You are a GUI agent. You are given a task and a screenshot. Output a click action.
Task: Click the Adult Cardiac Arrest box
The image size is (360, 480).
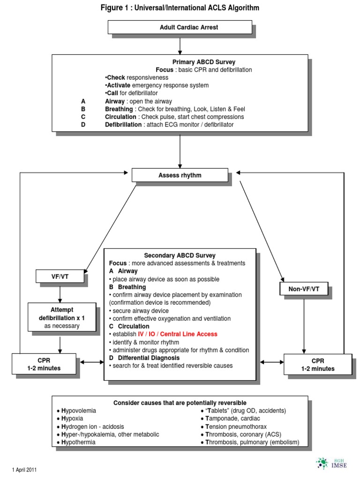pos(180,27)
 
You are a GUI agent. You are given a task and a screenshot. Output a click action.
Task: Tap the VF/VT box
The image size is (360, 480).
pos(60,277)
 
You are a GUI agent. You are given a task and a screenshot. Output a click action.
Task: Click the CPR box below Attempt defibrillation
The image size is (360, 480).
pos(44,364)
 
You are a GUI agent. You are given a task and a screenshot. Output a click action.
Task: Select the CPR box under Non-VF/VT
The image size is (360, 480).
pos(317,365)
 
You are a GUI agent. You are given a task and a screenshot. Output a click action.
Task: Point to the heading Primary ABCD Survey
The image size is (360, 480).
pos(204,62)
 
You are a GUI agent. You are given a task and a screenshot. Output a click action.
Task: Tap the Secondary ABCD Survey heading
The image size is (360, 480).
pos(180,255)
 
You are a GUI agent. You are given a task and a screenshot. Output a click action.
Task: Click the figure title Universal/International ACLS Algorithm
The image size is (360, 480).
pos(180,8)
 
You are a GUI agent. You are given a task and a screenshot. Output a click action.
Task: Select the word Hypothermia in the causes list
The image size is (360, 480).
pos(78,442)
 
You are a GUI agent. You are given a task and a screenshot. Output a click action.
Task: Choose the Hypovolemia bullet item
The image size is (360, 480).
pos(79,410)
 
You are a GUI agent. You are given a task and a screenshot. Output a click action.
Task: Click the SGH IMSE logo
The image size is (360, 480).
pos(330,464)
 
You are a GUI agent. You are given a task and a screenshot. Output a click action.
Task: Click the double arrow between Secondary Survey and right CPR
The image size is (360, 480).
pos(271,362)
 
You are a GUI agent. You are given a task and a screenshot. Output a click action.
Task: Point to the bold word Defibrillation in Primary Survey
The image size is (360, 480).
pos(123,125)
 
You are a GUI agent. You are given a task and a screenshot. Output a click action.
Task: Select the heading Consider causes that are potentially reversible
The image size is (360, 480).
pos(180,403)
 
